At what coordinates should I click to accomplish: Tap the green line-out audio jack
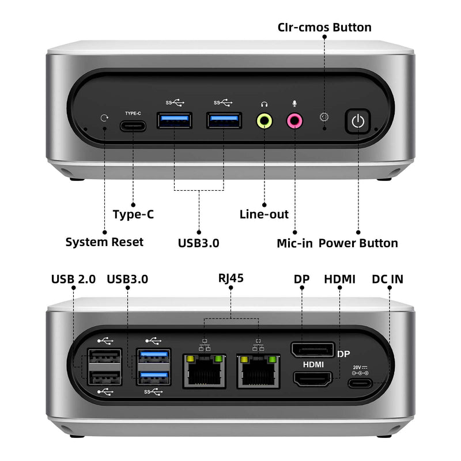pyautogui.click(x=264, y=120)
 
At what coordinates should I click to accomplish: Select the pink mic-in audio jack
pyautogui.click(x=294, y=120)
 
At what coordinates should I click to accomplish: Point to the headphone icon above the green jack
pyautogui.click(x=264, y=104)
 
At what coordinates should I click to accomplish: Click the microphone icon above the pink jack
pyautogui.click(x=294, y=104)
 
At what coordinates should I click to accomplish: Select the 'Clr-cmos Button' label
pyautogui.click(x=324, y=27)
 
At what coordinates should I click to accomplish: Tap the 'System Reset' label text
pyautogui.click(x=104, y=243)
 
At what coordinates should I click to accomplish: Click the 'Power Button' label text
pyautogui.click(x=358, y=243)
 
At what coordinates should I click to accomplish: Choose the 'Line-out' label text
pyautogui.click(x=264, y=214)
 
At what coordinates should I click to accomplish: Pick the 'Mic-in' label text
pyautogui.click(x=294, y=243)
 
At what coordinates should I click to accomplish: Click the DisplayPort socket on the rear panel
pyautogui.click(x=313, y=349)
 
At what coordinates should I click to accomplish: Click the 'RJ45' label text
pyautogui.click(x=231, y=278)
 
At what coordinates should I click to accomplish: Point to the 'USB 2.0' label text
pyautogui.click(x=74, y=279)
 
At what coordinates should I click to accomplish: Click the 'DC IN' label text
pyautogui.click(x=388, y=279)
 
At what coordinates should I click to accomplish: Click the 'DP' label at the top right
pyautogui.click(x=302, y=279)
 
